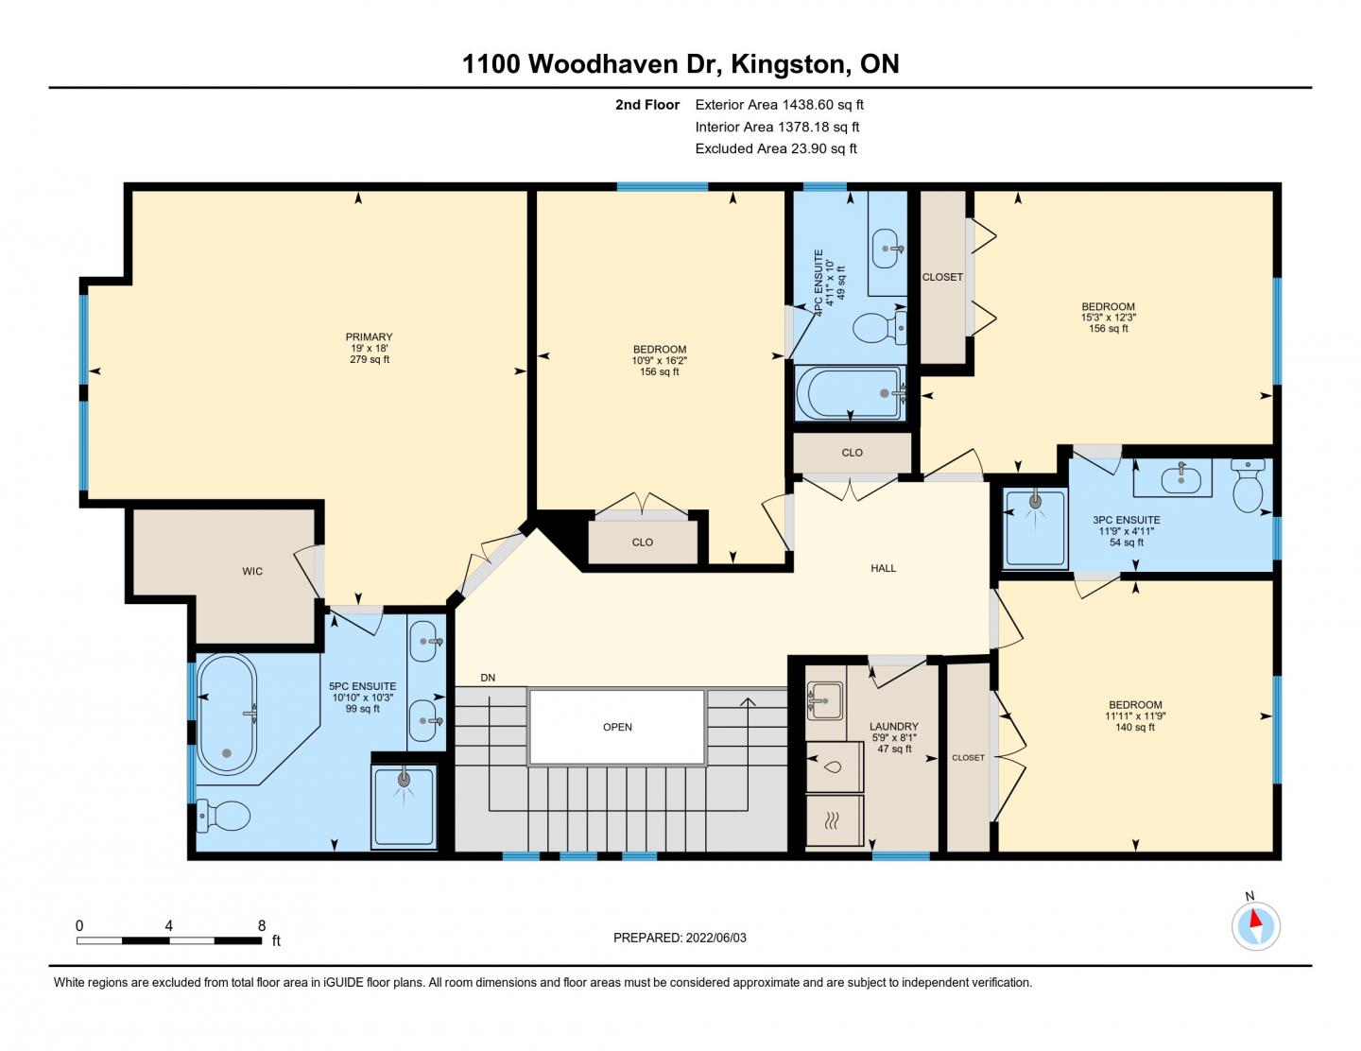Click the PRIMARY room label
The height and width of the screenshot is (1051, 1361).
point(369,337)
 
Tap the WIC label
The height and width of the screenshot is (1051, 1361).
point(252,571)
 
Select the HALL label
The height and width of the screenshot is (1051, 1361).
point(883,568)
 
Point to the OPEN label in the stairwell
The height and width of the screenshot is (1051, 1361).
point(617,727)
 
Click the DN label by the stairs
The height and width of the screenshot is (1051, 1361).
point(488,678)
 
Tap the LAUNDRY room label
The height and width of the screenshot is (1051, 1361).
point(894,727)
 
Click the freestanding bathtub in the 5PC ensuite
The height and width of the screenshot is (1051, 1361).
point(227,714)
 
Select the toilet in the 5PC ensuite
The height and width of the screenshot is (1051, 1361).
point(223,816)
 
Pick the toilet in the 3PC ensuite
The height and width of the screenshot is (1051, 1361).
point(1249,486)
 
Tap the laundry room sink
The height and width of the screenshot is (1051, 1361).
point(825,699)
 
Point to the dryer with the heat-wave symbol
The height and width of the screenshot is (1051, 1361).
point(835,820)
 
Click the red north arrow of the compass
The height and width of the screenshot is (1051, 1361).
point(1254,919)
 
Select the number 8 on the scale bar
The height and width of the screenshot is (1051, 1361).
point(262,925)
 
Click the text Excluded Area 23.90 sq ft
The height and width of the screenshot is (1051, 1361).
point(776,148)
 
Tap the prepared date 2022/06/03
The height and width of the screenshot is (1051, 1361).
point(715,938)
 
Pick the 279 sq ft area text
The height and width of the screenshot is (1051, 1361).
point(370,359)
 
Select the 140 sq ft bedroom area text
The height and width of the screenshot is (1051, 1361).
point(1135,727)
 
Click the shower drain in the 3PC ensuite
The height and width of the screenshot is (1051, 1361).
point(1035,501)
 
